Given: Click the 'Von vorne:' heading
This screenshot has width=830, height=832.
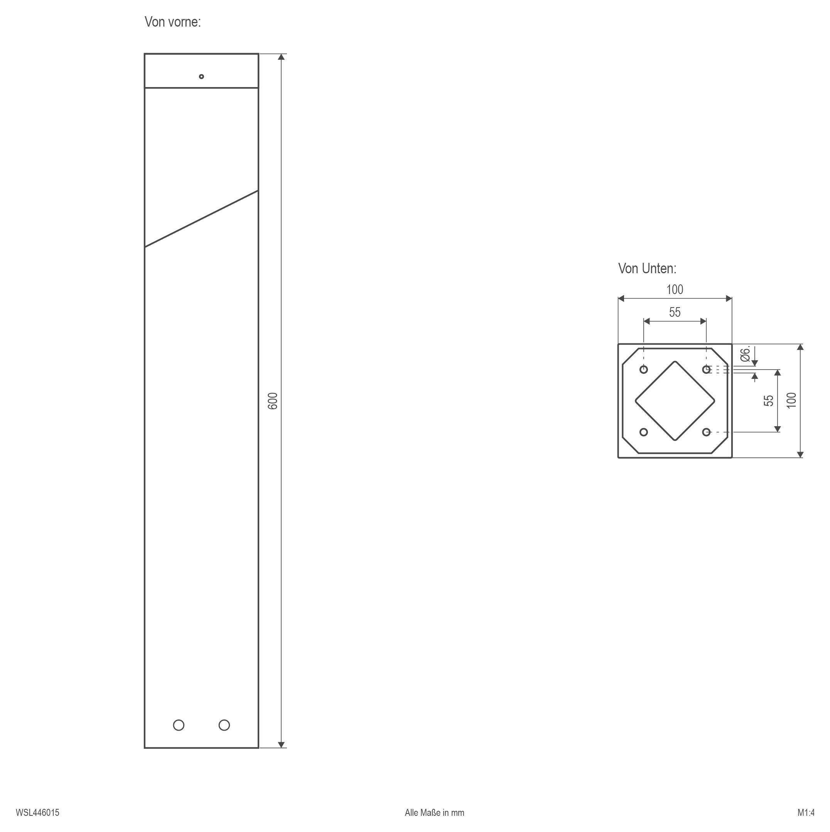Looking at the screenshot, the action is tap(173, 22).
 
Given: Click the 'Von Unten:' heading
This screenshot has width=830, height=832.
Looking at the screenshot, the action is tap(647, 269).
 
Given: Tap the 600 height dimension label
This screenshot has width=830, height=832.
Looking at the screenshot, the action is tap(273, 401).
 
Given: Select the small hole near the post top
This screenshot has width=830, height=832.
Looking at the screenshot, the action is tap(201, 77).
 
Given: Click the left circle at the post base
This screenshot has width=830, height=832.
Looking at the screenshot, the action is tap(179, 725).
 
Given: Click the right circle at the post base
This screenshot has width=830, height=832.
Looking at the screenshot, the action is tap(224, 725).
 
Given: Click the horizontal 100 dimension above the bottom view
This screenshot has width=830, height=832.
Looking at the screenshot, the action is tap(675, 290).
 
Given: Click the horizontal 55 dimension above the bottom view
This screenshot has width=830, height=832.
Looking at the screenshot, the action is tap(675, 312).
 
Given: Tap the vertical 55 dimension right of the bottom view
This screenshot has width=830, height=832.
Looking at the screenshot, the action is tap(768, 400).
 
